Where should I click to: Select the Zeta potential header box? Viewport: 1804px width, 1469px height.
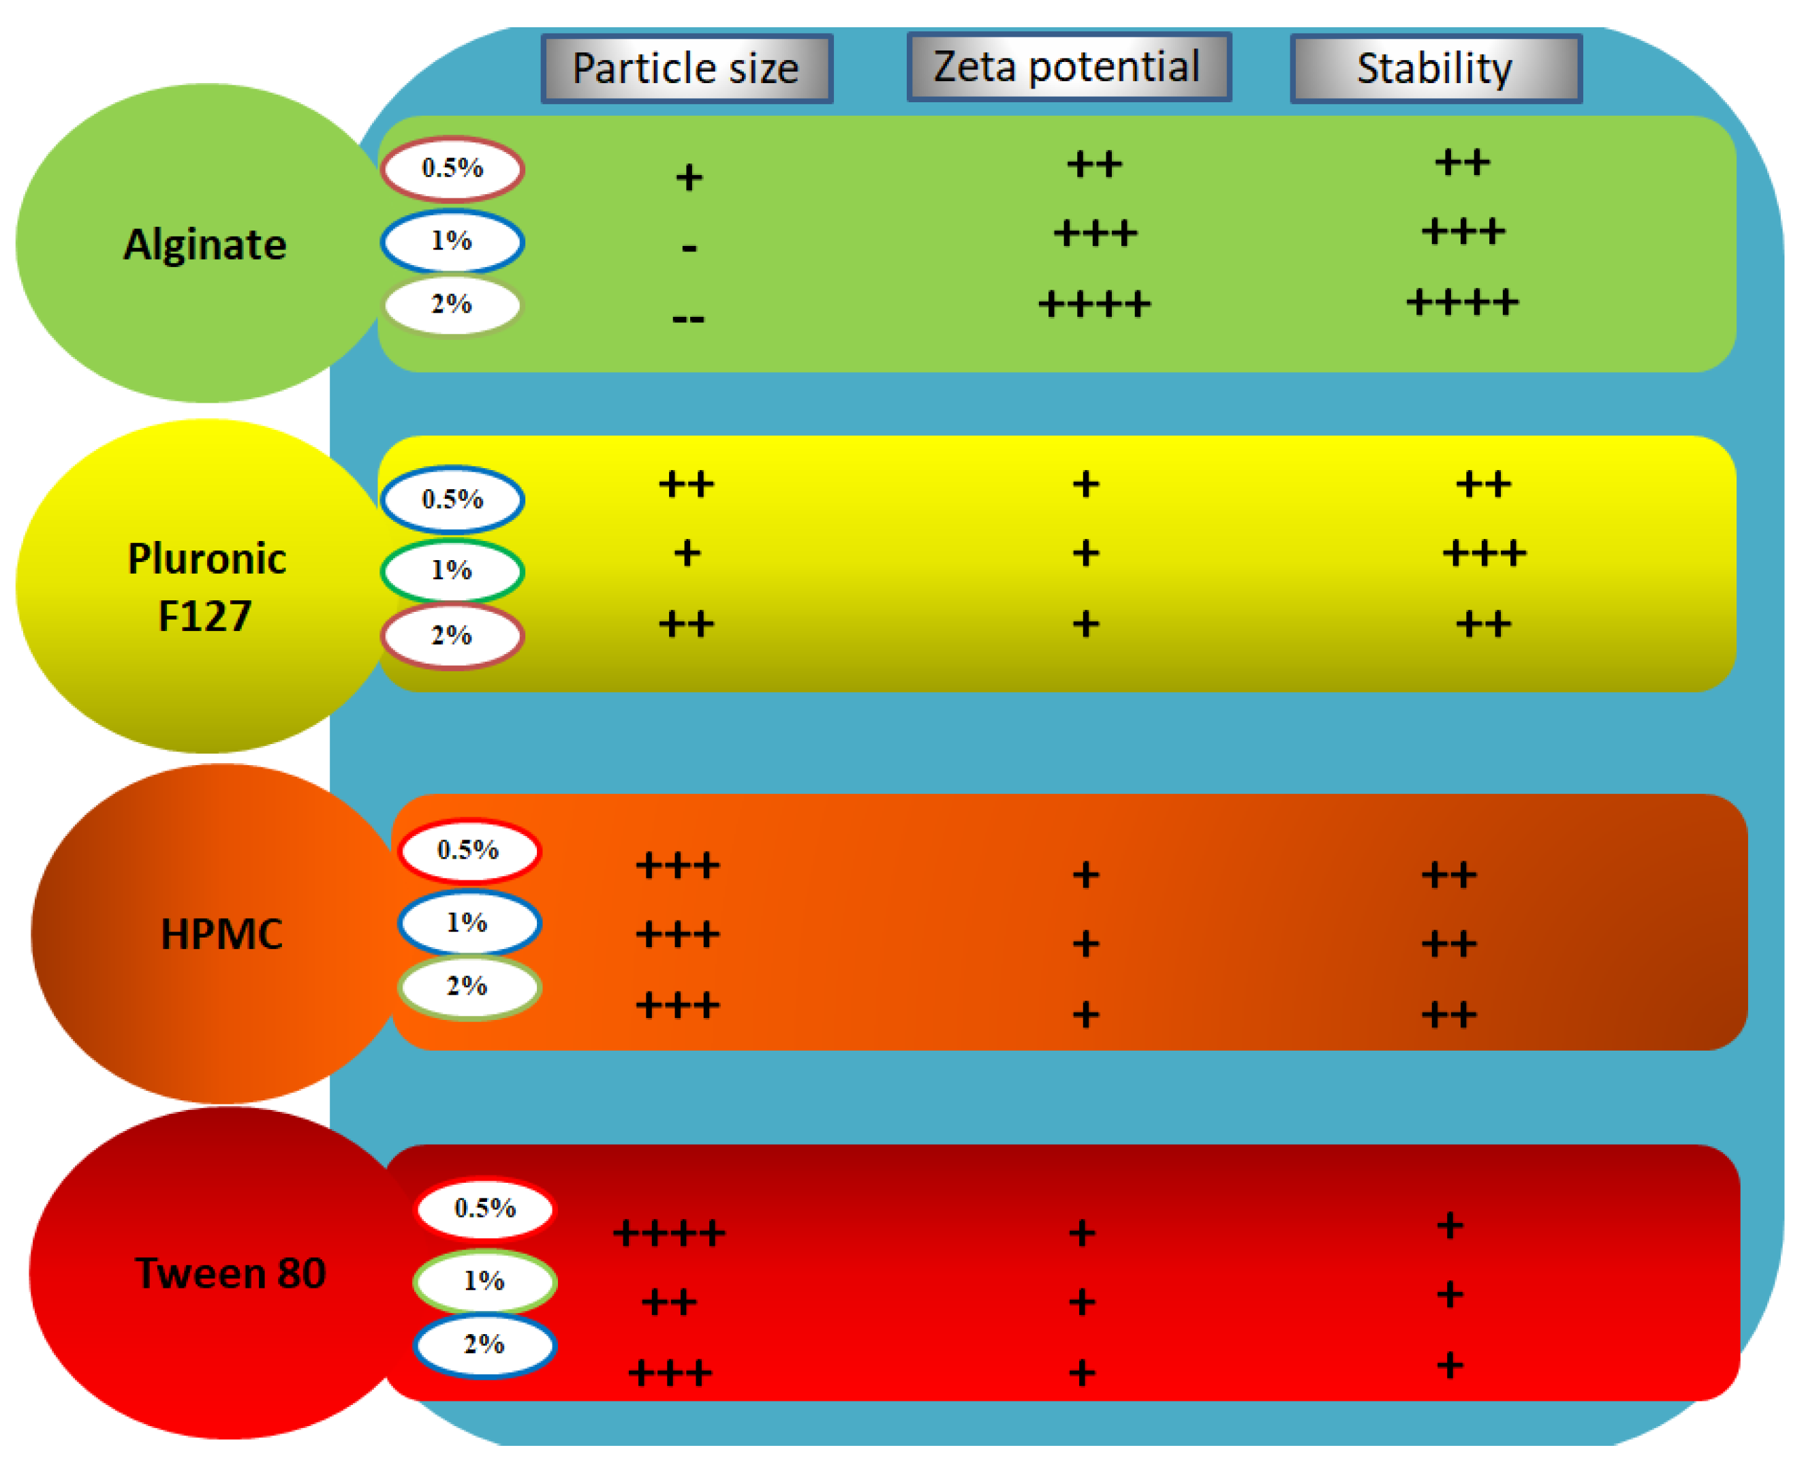pos(1068,67)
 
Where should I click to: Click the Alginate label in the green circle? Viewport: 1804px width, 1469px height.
pos(205,245)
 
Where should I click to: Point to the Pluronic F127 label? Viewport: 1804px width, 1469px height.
pos(206,587)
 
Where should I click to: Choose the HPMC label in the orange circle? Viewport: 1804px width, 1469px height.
pos(221,934)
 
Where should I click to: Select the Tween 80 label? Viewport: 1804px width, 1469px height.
pos(230,1273)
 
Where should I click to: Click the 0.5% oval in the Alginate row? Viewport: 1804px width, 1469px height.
pos(452,168)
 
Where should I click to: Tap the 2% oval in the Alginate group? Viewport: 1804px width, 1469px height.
pos(452,305)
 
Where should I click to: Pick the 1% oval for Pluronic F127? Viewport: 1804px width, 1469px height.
pos(452,570)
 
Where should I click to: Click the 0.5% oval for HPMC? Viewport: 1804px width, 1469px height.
pos(469,850)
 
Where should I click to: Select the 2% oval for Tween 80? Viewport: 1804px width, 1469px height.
pos(485,1344)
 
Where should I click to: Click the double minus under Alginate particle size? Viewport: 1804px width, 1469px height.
pos(688,319)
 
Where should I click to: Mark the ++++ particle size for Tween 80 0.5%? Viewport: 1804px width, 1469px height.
pos(668,1233)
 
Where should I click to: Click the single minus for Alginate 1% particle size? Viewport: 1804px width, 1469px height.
pos(689,248)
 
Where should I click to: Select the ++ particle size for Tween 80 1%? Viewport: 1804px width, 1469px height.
pos(668,1301)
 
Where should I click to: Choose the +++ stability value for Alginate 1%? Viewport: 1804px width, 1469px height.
pos(1462,231)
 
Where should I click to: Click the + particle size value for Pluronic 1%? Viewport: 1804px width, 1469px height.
pos(687,553)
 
